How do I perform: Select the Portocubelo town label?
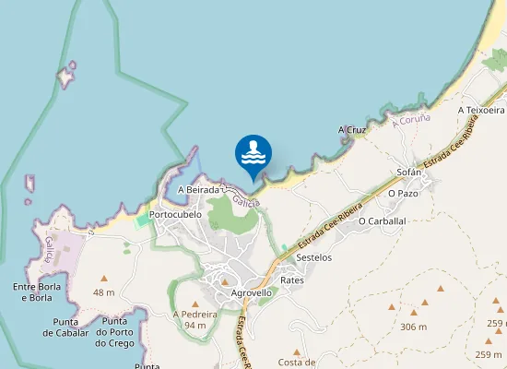pos(175,214)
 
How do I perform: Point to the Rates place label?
pos(292,280)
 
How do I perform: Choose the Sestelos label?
pos(314,257)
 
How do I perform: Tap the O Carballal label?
pos(382,221)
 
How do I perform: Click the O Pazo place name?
pos(404,194)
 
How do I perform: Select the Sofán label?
pos(408,173)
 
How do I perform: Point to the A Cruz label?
pos(352,130)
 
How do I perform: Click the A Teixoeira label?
pos(480,110)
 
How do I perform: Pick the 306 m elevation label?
pos(414,327)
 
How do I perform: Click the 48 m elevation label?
pos(104,292)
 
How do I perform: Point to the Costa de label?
pos(297,363)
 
